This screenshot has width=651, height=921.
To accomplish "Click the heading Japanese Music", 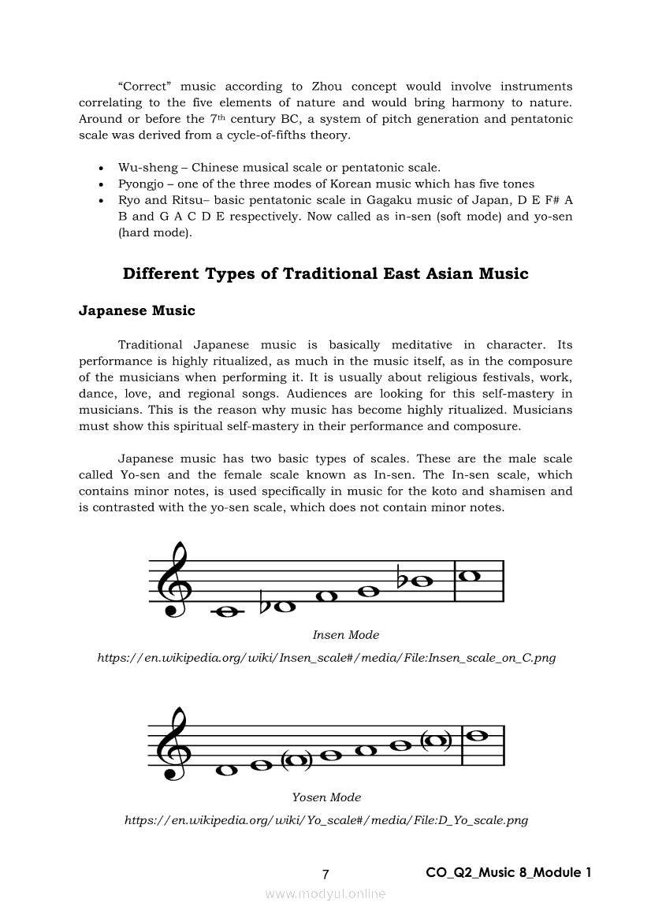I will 136,310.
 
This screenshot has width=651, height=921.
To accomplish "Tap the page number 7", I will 325,874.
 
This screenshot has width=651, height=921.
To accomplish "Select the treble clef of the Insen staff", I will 171,581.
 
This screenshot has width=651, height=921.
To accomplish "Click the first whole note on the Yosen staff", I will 227,770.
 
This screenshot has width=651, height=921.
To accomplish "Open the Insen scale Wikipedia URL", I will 326,658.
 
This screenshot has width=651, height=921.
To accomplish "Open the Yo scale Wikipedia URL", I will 326,820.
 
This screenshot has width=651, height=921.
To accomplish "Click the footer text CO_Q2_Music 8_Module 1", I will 508,872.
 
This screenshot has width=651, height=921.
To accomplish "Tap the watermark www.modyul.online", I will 325,893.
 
